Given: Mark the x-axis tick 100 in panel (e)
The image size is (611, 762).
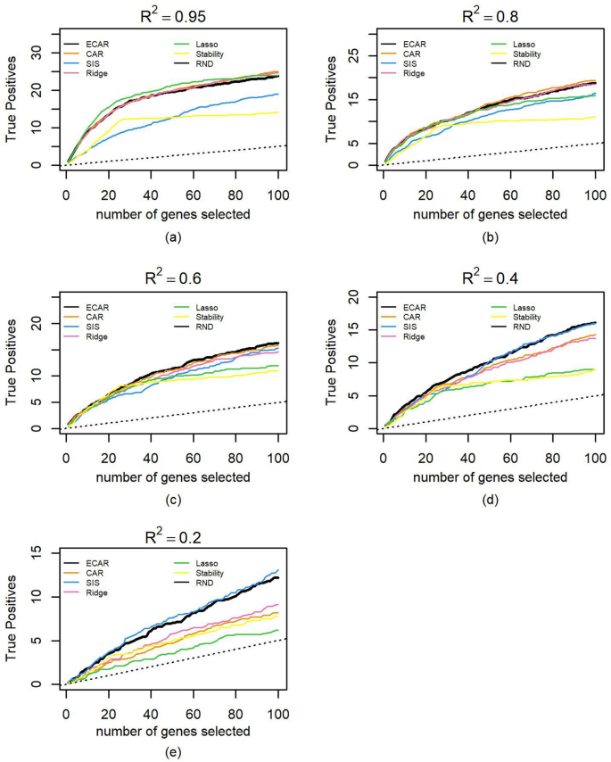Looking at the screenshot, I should (x=278, y=704).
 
